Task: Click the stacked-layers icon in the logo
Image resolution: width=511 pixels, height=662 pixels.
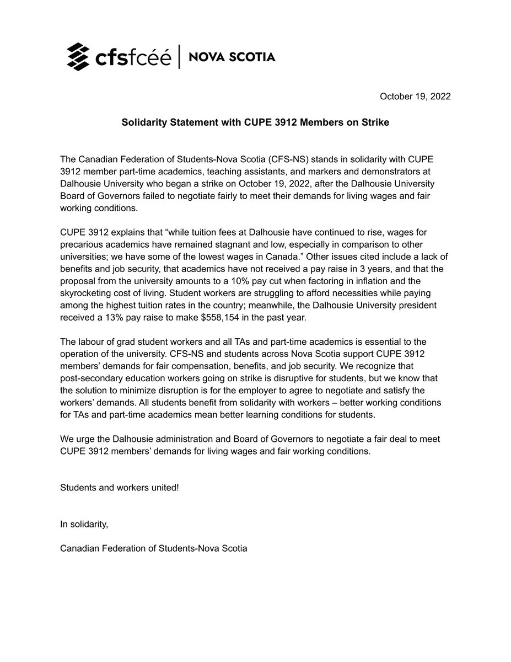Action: click(x=78, y=57)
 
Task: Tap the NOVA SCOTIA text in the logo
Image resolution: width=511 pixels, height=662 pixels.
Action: click(x=232, y=57)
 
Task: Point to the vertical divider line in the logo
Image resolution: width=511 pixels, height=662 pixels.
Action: click(x=179, y=57)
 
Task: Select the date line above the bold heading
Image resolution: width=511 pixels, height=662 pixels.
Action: click(x=415, y=97)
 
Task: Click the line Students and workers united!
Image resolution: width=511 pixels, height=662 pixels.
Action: click(x=120, y=488)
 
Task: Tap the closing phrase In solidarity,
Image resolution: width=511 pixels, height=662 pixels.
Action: click(x=84, y=524)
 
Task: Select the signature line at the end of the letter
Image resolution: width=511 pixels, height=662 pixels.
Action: click(x=153, y=548)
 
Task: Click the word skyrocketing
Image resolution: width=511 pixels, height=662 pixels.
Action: click(x=85, y=293)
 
